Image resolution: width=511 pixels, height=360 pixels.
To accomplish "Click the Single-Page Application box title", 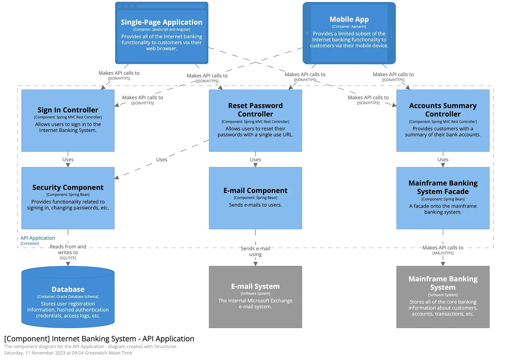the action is (161, 22).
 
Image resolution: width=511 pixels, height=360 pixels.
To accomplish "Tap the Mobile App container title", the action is (349, 19).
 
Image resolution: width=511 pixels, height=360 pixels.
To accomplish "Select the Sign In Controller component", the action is (68, 120).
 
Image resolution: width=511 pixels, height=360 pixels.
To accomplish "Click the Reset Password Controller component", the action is (255, 120).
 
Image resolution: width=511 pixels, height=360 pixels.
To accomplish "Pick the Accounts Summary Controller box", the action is (443, 120).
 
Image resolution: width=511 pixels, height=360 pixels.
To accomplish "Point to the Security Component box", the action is (68, 198).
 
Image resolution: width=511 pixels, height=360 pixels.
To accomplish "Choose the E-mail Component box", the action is (255, 198).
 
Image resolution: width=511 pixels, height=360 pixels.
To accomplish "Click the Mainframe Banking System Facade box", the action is (443, 198).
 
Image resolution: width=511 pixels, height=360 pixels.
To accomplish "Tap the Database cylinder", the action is (68, 297).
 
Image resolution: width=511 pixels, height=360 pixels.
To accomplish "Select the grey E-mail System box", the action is (255, 297).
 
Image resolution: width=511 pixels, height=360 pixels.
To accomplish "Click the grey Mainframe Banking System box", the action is (443, 297).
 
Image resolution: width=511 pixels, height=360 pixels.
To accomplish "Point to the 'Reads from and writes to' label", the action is (68, 249).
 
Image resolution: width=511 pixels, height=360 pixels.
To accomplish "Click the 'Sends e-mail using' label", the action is (255, 251).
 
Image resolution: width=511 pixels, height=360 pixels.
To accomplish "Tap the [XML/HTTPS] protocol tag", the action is (443, 253).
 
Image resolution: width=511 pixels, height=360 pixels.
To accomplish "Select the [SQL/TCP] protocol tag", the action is (68, 258).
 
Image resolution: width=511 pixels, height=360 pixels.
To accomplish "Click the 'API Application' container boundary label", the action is (38, 238).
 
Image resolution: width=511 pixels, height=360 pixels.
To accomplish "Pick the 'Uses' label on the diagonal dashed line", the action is (161, 159).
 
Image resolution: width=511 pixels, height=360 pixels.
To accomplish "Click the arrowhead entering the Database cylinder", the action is (68, 264).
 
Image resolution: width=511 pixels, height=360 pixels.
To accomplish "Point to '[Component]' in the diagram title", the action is (27, 339).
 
